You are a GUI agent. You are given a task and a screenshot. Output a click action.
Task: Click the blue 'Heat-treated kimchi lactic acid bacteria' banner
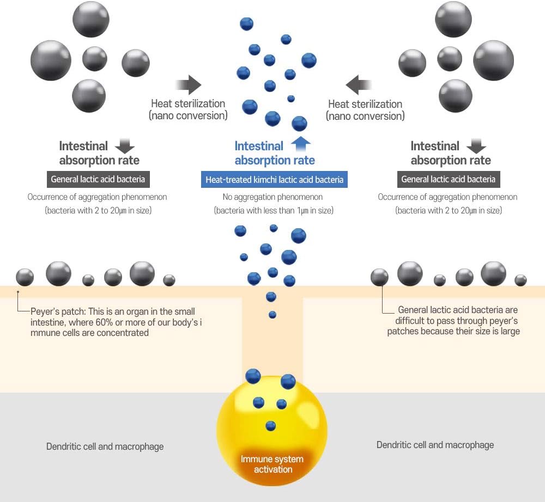tap(274, 179)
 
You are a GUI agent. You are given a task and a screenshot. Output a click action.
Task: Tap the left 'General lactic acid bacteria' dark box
tap(98, 179)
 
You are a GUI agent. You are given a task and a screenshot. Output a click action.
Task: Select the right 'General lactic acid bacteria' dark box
tap(448, 179)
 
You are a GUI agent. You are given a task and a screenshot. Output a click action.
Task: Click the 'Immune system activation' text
tap(272, 464)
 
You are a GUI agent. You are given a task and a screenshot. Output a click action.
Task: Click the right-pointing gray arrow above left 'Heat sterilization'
tap(189, 85)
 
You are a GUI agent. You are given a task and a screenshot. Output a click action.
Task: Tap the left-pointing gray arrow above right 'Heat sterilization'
tap(358, 85)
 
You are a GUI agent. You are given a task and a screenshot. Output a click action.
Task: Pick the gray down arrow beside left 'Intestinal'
tap(125, 145)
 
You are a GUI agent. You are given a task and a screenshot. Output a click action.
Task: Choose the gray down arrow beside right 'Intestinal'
tap(476, 145)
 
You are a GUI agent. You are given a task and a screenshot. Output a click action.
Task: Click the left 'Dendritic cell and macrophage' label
tap(105, 446)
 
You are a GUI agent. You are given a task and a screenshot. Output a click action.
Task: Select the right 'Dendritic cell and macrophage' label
tap(435, 445)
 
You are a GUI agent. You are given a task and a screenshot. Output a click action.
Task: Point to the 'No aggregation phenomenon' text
tap(272, 197)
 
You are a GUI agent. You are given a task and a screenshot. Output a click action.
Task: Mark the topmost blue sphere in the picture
tap(247, 23)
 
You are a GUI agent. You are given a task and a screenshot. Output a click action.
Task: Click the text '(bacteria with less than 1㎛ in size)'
tap(273, 210)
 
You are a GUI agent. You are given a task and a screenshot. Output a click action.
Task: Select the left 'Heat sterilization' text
tap(188, 103)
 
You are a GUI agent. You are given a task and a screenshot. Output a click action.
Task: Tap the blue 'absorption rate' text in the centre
tap(275, 160)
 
